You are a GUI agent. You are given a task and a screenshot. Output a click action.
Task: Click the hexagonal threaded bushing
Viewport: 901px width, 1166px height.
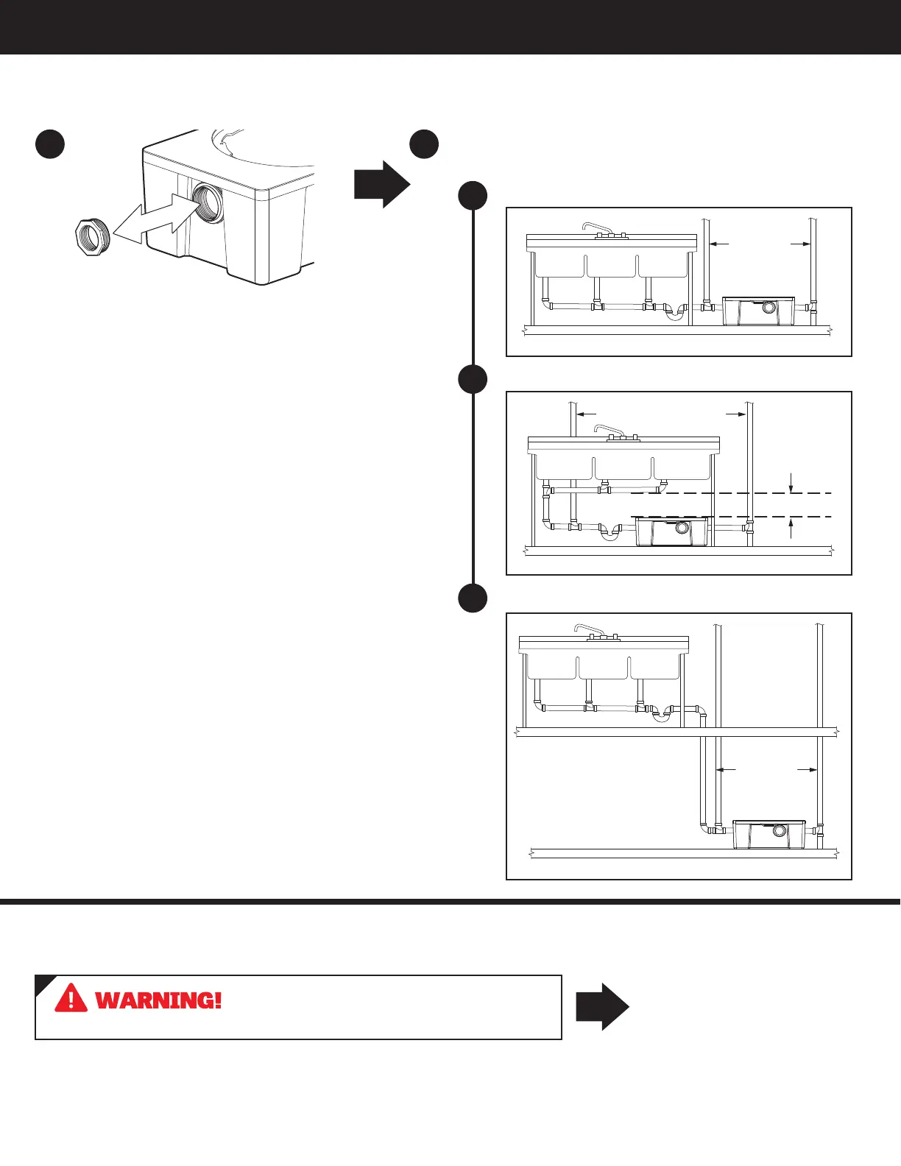(x=93, y=236)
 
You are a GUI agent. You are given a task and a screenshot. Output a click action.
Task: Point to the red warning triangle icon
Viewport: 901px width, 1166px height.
(x=71, y=997)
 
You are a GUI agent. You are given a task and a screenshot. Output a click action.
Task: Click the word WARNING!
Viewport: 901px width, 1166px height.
(x=158, y=1000)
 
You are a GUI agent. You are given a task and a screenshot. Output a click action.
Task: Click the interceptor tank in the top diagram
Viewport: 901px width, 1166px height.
(x=758, y=311)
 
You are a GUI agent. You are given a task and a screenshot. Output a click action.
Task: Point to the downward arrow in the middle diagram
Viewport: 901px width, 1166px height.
(x=791, y=484)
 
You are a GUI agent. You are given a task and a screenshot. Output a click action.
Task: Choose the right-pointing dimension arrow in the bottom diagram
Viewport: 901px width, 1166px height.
(x=808, y=770)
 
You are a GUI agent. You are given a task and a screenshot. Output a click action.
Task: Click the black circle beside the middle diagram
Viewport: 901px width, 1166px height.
(x=473, y=379)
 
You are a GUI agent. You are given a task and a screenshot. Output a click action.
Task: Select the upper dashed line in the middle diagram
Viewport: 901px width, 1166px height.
(x=729, y=492)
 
